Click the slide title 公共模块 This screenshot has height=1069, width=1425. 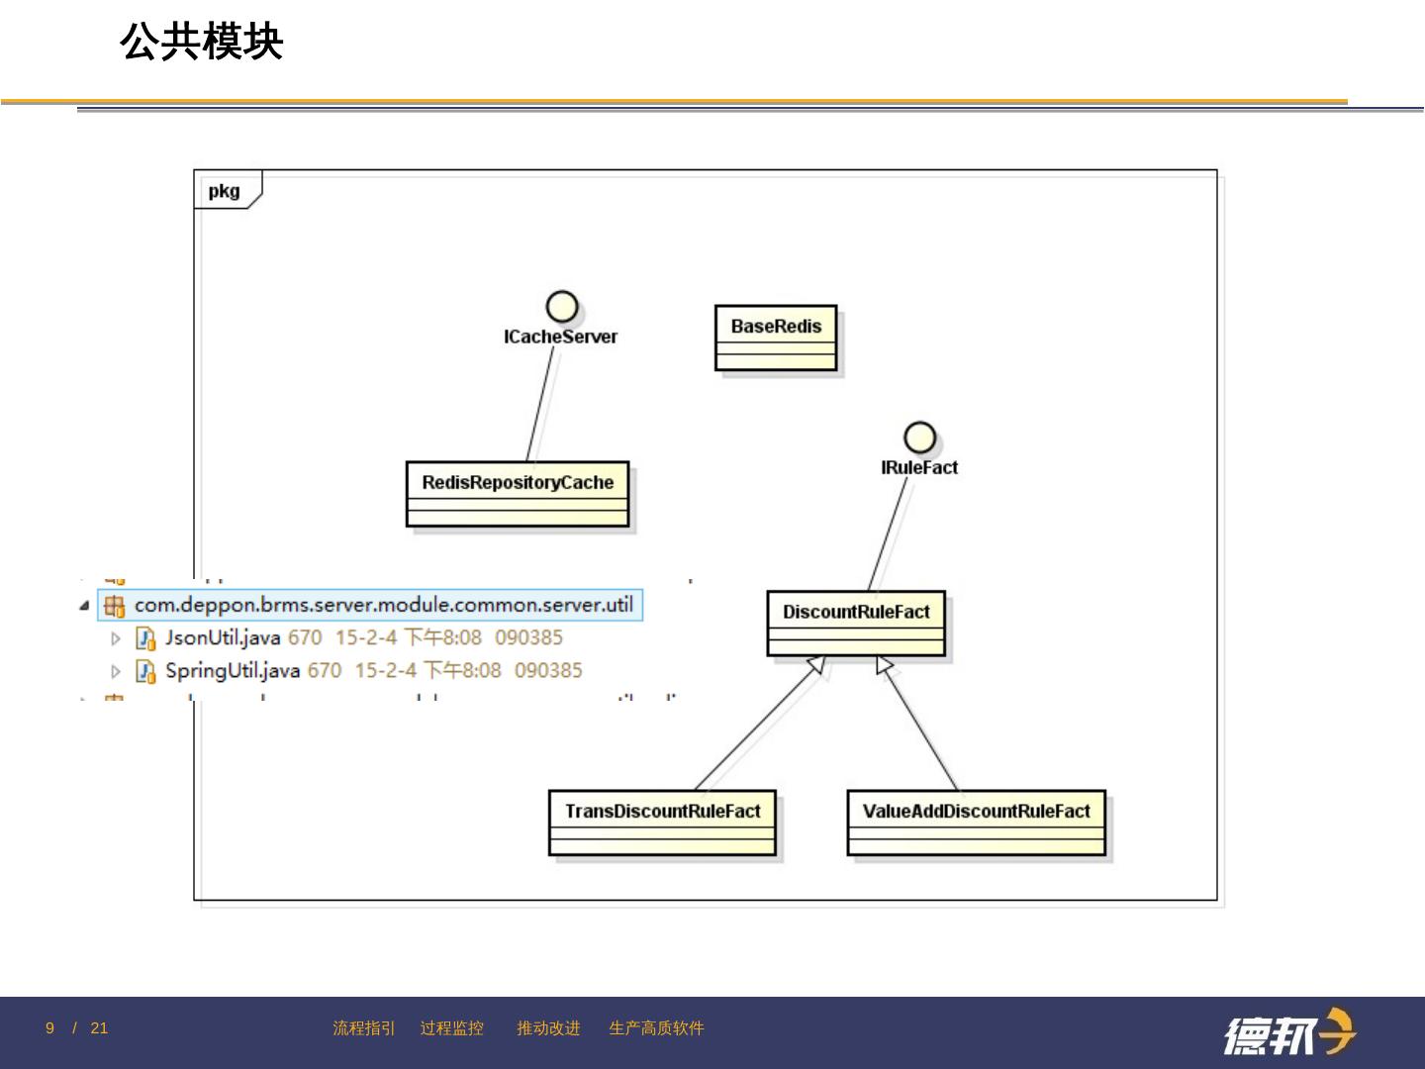[x=202, y=43]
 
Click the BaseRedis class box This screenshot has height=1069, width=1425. [x=776, y=338]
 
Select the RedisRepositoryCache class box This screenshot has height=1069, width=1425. [x=518, y=493]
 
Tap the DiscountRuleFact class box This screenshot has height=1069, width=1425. [x=856, y=623]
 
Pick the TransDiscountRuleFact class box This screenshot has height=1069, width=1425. [x=662, y=822]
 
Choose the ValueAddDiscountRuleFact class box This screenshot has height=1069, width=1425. [x=976, y=822]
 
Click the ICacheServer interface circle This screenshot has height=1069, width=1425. [x=562, y=307]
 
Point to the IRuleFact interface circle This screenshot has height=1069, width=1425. [x=920, y=437]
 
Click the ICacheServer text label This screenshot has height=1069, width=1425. [x=560, y=338]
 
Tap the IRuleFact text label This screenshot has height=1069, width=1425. [x=919, y=467]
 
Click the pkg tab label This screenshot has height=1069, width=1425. [x=225, y=191]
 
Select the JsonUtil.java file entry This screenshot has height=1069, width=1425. [x=223, y=637]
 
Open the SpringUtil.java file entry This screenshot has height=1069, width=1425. [x=233, y=670]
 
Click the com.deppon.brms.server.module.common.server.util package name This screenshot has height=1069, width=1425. [x=383, y=604]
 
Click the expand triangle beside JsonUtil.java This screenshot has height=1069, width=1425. [x=116, y=638]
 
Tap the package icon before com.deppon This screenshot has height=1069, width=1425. [x=115, y=605]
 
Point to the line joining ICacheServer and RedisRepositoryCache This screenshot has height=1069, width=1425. [x=541, y=404]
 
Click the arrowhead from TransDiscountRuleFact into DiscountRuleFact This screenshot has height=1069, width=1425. [x=816, y=664]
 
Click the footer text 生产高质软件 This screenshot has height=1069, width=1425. [x=656, y=1028]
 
